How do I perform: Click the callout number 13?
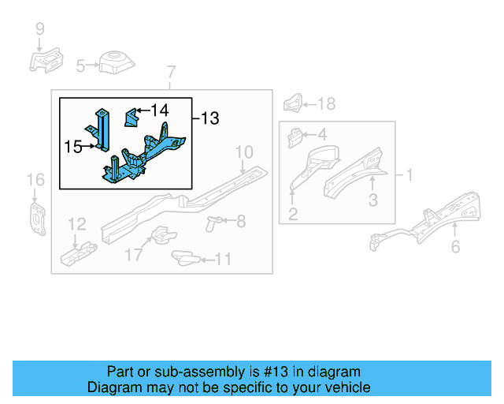(x=209, y=118)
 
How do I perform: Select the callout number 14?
(x=160, y=110)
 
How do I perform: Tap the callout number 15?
(x=72, y=146)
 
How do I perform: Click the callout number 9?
(x=39, y=31)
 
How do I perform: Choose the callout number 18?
(x=326, y=103)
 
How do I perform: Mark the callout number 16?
(x=36, y=181)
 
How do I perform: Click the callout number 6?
(x=455, y=248)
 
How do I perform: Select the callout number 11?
(x=223, y=259)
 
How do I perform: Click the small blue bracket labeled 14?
(x=132, y=118)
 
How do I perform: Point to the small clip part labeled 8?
(x=210, y=222)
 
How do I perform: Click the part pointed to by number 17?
(x=161, y=234)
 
